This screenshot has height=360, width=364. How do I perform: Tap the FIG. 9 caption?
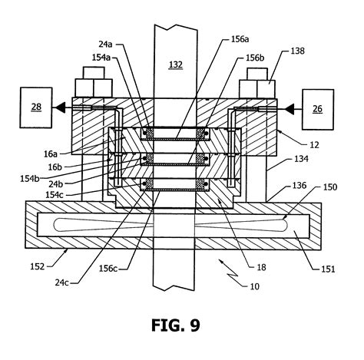click(181, 325)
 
